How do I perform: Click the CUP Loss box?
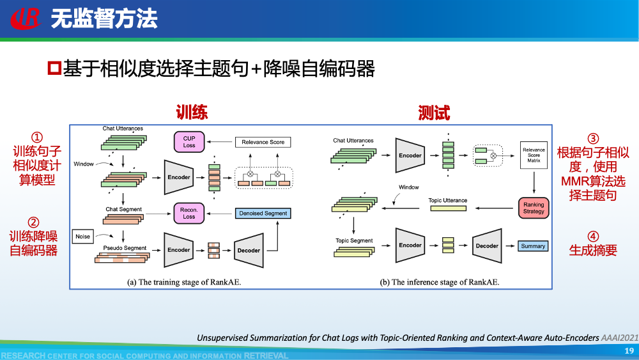(x=189, y=141)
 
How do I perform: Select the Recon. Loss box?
(x=189, y=213)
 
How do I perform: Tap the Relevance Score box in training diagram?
(x=263, y=142)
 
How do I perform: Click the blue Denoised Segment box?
(x=263, y=213)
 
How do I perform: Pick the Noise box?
(x=83, y=237)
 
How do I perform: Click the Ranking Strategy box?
(x=534, y=208)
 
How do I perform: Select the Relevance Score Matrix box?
(x=534, y=155)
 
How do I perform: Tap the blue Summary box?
(x=533, y=246)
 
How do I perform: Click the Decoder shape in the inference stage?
(x=487, y=246)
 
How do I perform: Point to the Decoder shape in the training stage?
(x=249, y=250)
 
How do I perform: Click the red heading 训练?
(x=192, y=113)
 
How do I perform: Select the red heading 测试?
(x=434, y=113)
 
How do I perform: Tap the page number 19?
(x=629, y=350)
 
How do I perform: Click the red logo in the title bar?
(x=25, y=19)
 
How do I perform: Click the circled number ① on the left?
(x=37, y=137)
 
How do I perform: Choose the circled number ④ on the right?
(x=593, y=236)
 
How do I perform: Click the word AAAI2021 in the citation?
(x=619, y=337)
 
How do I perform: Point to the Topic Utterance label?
(x=447, y=200)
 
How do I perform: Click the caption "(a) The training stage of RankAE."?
(x=184, y=282)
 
